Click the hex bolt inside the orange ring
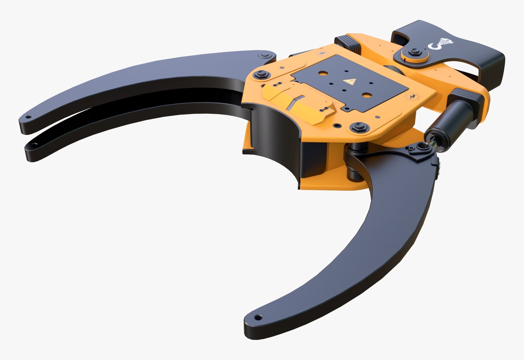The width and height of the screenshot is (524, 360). (415, 52)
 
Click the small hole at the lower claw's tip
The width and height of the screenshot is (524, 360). (257, 317)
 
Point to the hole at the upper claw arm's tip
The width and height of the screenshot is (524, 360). (29, 117)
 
